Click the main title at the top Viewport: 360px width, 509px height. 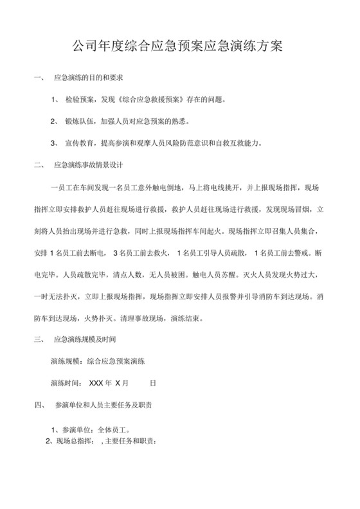coord(179,46)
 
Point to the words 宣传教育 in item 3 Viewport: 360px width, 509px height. coord(82,142)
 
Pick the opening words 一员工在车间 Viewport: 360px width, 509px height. coord(73,186)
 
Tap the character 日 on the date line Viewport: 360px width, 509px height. coord(152,382)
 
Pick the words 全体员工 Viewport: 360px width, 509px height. coord(112,428)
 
